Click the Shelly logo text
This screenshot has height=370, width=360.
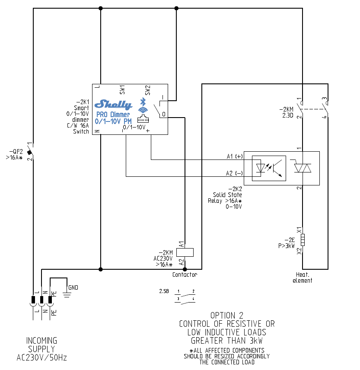click(x=113, y=104)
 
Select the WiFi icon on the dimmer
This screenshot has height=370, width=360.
click(x=142, y=111)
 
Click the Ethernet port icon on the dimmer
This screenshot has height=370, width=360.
click(x=142, y=119)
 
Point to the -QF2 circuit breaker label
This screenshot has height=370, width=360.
click(x=16, y=152)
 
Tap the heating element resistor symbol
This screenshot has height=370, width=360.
click(x=303, y=239)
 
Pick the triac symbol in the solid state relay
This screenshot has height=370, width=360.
click(x=303, y=168)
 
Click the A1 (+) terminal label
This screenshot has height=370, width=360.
click(x=235, y=156)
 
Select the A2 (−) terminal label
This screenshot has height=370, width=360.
click(x=234, y=173)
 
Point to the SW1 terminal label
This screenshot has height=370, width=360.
click(x=122, y=89)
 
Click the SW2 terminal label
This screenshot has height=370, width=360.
click(x=147, y=89)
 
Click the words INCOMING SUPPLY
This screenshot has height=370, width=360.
click(x=41, y=344)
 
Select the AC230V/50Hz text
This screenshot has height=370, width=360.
click(x=41, y=357)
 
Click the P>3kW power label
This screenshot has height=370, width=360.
click(x=286, y=246)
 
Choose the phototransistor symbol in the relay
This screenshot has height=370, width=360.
click(x=277, y=168)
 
